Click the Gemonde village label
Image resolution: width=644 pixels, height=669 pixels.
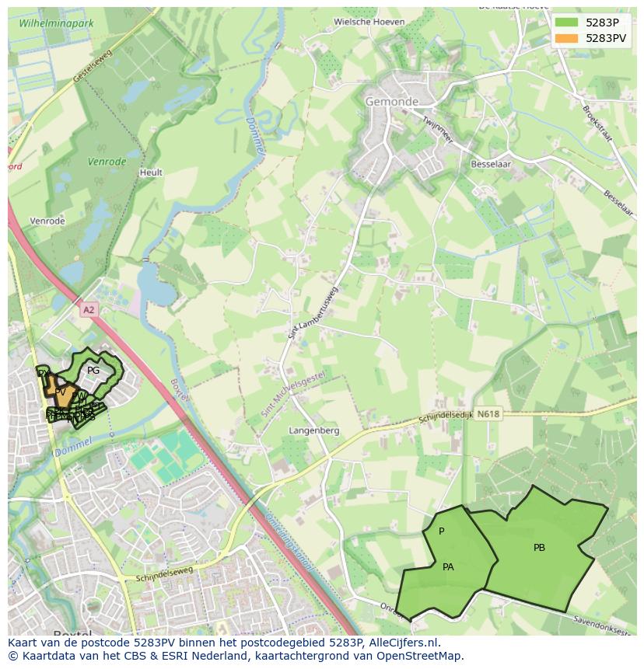pyautogui.click(x=392, y=102)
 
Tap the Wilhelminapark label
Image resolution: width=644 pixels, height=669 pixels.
pyautogui.click(x=56, y=23)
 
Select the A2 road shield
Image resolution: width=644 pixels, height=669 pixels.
pyautogui.click(x=89, y=309)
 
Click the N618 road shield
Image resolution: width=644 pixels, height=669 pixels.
pyautogui.click(x=488, y=414)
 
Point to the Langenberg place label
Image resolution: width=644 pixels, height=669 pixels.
pyautogui.click(x=314, y=430)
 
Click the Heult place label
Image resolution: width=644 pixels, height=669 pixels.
pyautogui.click(x=150, y=172)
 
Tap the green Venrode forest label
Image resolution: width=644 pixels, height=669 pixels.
pyautogui.click(x=107, y=162)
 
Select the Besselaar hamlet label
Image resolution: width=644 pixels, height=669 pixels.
pyautogui.click(x=490, y=165)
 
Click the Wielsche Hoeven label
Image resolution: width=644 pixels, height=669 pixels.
pyautogui.click(x=369, y=22)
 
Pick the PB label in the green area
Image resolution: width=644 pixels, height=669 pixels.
pyautogui.click(x=539, y=548)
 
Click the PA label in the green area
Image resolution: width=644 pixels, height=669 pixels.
pyautogui.click(x=448, y=567)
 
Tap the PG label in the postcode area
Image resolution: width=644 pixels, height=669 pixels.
pyautogui.click(x=93, y=371)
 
